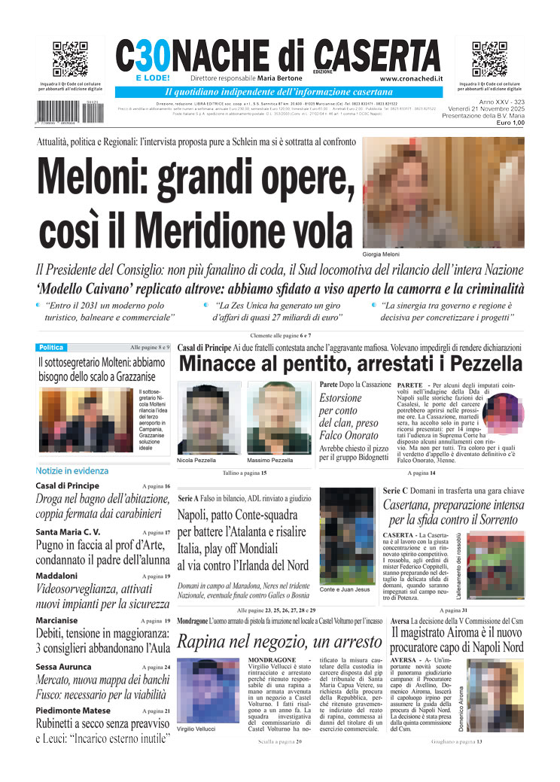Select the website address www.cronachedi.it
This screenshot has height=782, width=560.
[x=411, y=78]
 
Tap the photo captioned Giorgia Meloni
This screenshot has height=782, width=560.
[x=443, y=193]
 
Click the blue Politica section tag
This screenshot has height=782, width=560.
[x=51, y=348]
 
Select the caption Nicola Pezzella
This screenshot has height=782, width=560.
[x=196, y=460]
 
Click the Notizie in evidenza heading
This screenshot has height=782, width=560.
[x=72, y=470]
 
